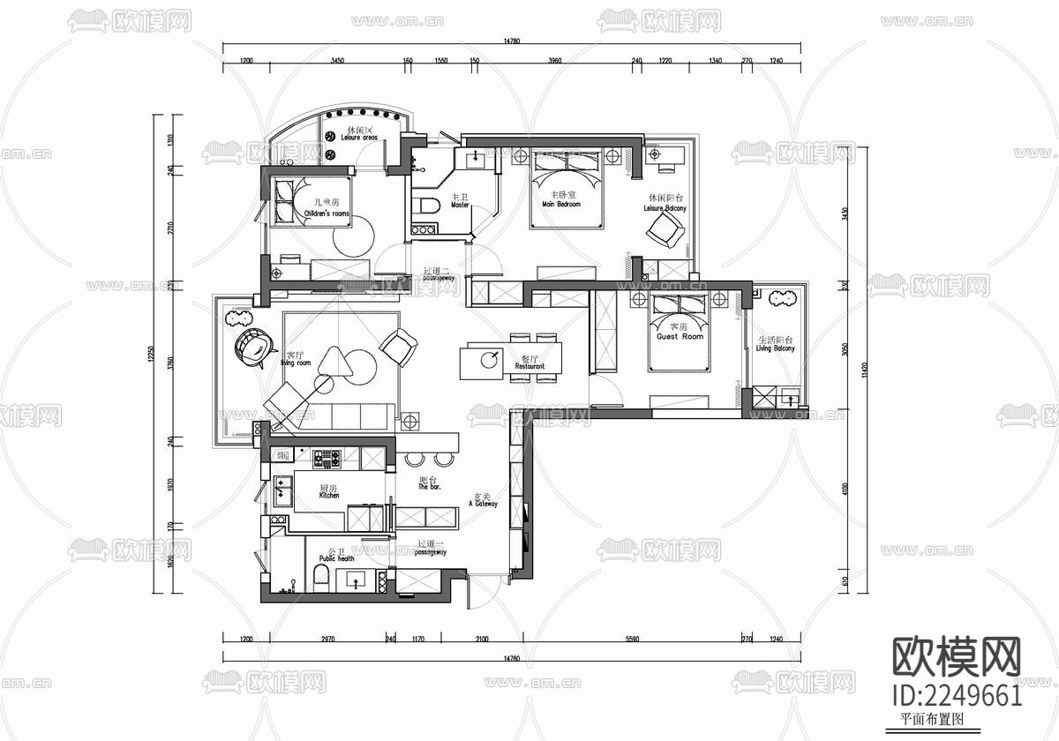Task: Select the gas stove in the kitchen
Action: click(x=327, y=458)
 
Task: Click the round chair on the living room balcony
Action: click(x=252, y=347)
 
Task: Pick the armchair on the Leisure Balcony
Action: click(x=663, y=233)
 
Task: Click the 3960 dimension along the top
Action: click(x=554, y=62)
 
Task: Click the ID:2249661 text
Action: click(x=958, y=695)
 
